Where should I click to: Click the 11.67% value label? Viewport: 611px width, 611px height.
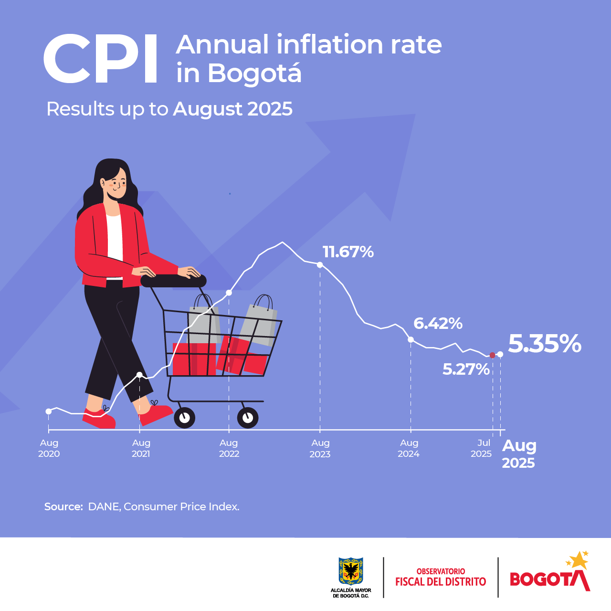(348, 252)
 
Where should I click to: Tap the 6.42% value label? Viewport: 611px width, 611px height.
(438, 324)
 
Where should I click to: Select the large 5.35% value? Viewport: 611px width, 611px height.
(545, 344)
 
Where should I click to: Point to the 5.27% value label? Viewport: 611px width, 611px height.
(466, 369)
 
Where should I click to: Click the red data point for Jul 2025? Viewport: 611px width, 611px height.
(493, 355)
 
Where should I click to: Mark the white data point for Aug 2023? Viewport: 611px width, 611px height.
(320, 265)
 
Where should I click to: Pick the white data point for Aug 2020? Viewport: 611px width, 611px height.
(49, 411)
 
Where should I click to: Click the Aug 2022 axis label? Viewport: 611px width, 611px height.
(229, 448)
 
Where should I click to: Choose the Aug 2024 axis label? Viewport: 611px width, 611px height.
(409, 448)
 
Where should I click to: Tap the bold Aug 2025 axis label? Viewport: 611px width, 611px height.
(519, 453)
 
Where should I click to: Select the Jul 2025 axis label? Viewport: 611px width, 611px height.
(482, 448)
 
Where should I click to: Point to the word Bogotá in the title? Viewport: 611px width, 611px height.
(254, 74)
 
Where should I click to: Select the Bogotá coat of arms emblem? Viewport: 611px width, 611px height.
(351, 571)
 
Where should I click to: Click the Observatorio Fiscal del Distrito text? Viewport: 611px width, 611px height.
(441, 577)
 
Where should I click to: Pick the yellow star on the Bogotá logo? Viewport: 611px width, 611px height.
(579, 560)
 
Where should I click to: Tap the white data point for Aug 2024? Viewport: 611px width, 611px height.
(411, 339)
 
